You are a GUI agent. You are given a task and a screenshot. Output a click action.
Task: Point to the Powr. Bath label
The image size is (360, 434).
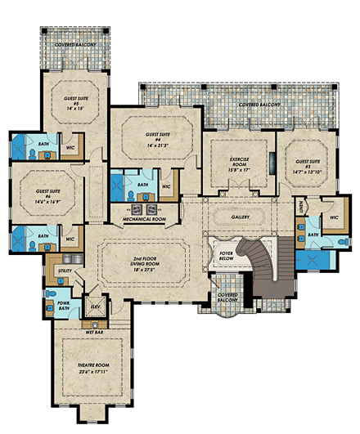click(x=63, y=307)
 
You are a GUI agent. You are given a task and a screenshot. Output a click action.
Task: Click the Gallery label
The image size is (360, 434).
click(x=236, y=218)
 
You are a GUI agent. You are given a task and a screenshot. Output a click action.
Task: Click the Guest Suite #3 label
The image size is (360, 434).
click(x=308, y=163)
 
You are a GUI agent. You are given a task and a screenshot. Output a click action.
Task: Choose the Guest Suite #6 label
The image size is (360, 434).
click(x=51, y=194)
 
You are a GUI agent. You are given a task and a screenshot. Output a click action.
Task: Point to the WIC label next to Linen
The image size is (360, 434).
click(x=335, y=217)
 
